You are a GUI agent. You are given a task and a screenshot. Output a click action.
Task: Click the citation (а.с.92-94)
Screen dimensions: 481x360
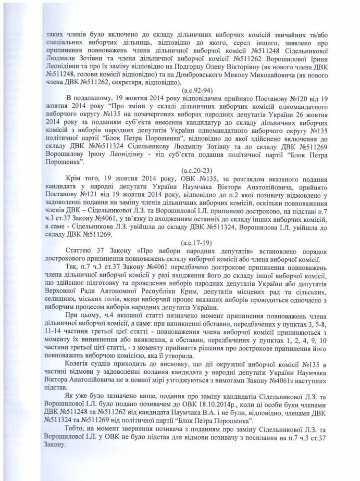point(207,89)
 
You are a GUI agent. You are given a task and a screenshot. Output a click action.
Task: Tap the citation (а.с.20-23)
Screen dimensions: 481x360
point(207,157)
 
